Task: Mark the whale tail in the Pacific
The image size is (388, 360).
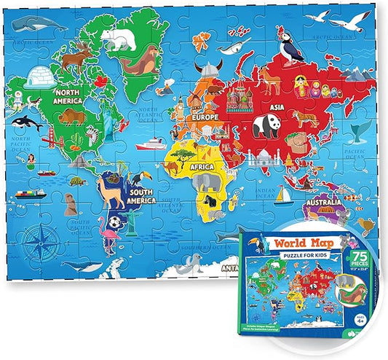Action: (359, 130)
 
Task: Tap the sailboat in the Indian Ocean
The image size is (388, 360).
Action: (285, 195)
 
